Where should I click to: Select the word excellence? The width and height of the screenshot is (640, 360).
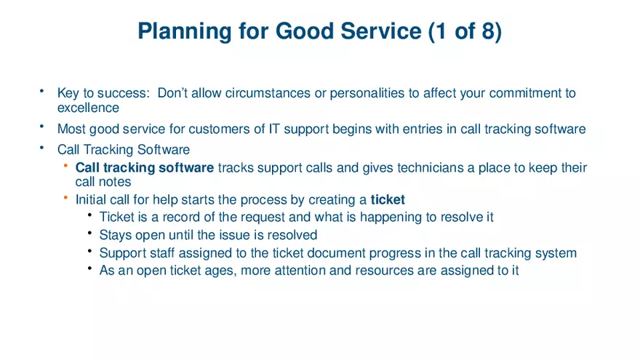tap(88, 108)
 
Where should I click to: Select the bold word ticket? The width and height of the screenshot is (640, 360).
tap(388, 199)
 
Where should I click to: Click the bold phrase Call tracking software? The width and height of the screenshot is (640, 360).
tap(145, 168)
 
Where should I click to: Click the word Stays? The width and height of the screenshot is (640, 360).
tap(115, 235)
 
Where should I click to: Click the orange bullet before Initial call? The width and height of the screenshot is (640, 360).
tap(65, 198)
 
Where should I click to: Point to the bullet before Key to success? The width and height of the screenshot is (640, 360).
tap(42, 92)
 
